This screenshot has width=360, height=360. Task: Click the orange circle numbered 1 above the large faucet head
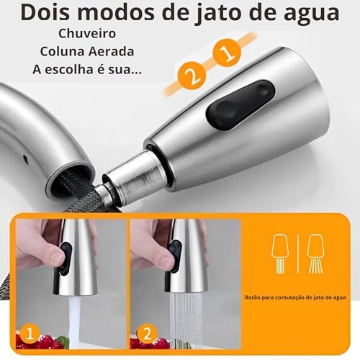(226, 53)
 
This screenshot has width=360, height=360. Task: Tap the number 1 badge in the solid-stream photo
(27, 333)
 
